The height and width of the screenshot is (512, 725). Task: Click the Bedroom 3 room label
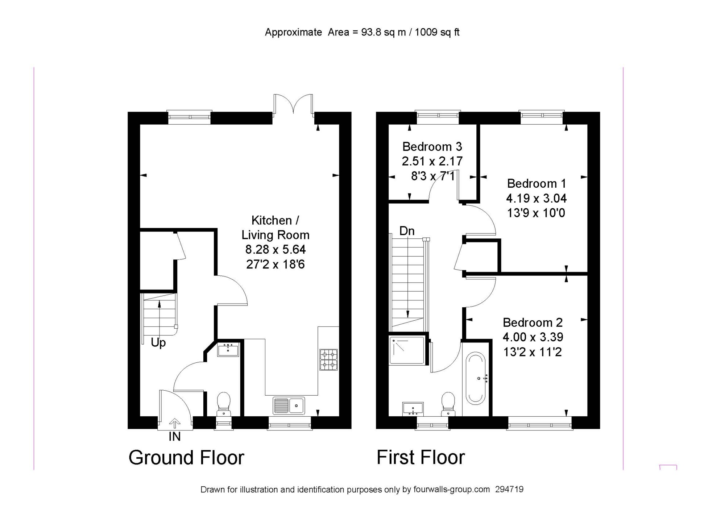pos(432,147)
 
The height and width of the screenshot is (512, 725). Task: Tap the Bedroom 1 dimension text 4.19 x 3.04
pos(536,198)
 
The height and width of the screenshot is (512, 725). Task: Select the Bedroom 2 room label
pos(533,322)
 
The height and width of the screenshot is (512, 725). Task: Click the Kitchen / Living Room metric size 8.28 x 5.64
pos(275,249)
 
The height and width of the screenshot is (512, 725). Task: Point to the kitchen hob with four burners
pos(328,359)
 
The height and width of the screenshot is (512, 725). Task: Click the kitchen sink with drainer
pos(289,405)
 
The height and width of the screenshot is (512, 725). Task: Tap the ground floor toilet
pos(224,404)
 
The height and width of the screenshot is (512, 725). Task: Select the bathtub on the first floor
pos(476,379)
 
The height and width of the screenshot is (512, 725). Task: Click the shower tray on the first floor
pos(407,350)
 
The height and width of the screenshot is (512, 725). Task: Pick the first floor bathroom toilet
pos(448,404)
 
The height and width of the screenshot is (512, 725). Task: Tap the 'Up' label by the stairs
pos(158,343)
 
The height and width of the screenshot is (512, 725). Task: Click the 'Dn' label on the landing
pos(407,231)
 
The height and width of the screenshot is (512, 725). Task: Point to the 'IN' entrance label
pos(174,437)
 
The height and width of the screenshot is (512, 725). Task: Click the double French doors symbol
pos(293,105)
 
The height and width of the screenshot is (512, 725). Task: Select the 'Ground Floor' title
pos(186,457)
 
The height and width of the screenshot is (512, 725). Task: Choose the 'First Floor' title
pos(420,457)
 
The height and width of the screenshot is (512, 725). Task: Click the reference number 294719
pos(509,490)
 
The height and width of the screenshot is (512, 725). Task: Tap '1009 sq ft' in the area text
pos(437,33)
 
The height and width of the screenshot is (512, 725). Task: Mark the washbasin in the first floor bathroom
pos(413,408)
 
